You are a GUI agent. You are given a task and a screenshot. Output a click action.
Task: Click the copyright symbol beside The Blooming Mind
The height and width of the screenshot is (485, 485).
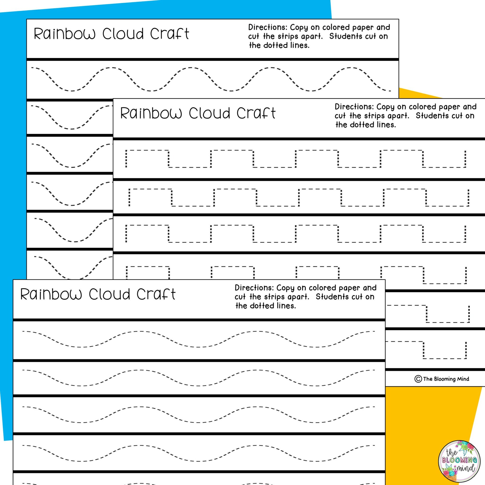click(x=418, y=379)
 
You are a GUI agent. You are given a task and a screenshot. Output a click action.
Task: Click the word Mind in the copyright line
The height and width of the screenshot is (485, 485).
click(x=463, y=379)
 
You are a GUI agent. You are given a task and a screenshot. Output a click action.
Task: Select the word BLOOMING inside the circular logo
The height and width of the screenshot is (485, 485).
click(x=459, y=460)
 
